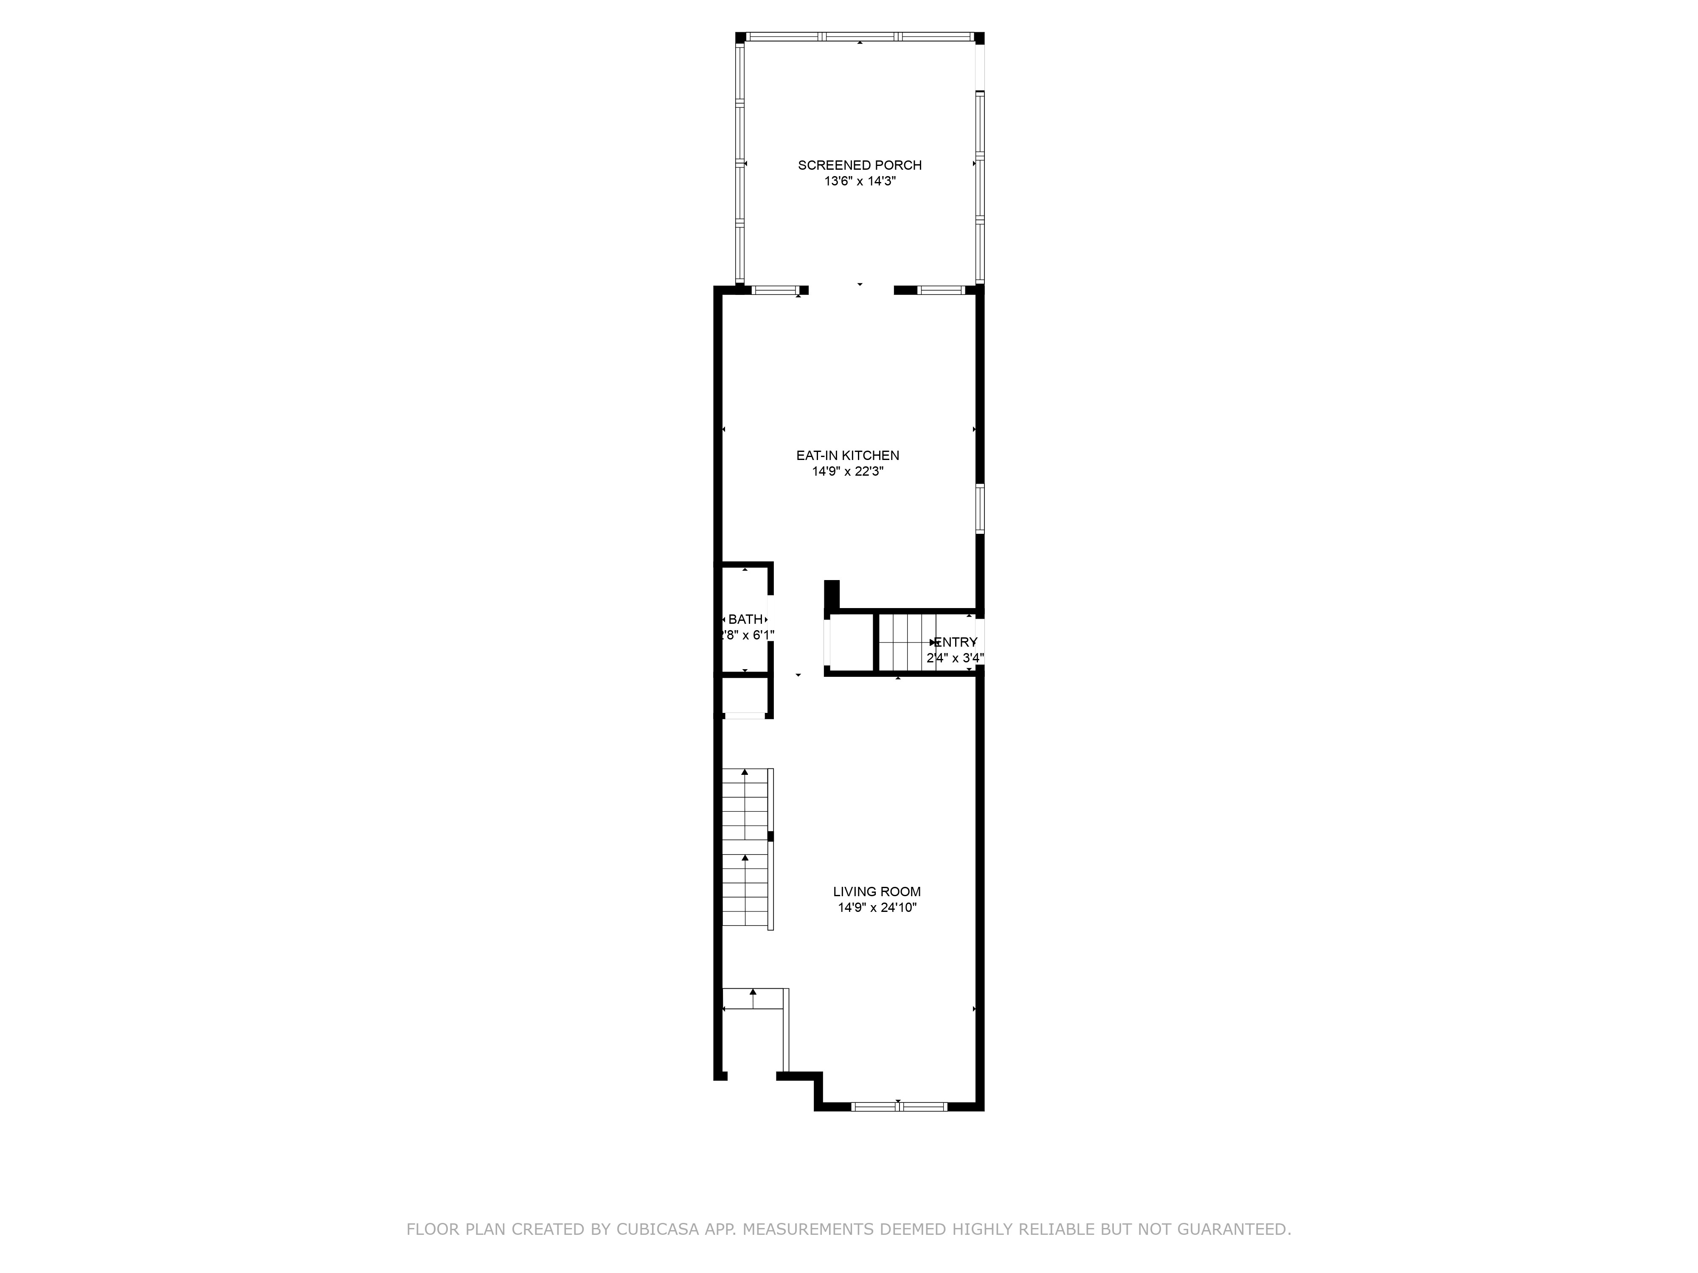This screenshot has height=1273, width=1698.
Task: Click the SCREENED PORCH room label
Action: (859, 165)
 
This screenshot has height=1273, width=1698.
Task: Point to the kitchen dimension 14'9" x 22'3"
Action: (847, 472)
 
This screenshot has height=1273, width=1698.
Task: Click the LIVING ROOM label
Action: (877, 892)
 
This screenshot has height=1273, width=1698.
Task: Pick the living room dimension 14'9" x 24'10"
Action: (877, 908)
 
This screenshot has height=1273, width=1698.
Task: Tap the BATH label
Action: (745, 619)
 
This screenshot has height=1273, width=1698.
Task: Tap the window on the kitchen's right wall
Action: (979, 508)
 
